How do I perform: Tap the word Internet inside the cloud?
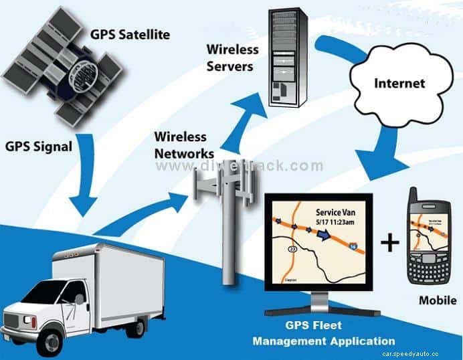click(399, 83)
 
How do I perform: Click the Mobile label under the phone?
click(438, 300)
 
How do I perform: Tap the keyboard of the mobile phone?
click(431, 267)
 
